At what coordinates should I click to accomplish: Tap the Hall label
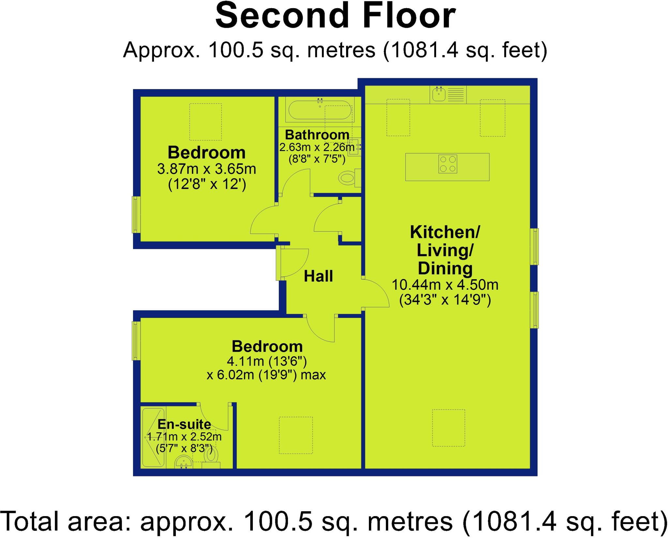click(318, 276)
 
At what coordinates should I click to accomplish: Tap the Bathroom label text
click(317, 135)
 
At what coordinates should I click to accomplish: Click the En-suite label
click(184, 424)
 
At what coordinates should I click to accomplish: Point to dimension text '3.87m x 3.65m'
click(206, 169)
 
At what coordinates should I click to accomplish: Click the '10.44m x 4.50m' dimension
click(445, 285)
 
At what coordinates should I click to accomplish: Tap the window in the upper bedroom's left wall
click(136, 214)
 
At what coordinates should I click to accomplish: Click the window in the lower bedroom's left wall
click(136, 341)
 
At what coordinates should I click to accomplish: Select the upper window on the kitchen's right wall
click(536, 246)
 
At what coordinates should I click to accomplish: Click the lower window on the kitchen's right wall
click(536, 310)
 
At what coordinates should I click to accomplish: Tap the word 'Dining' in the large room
click(445, 269)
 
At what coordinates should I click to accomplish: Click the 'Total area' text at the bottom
click(334, 521)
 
